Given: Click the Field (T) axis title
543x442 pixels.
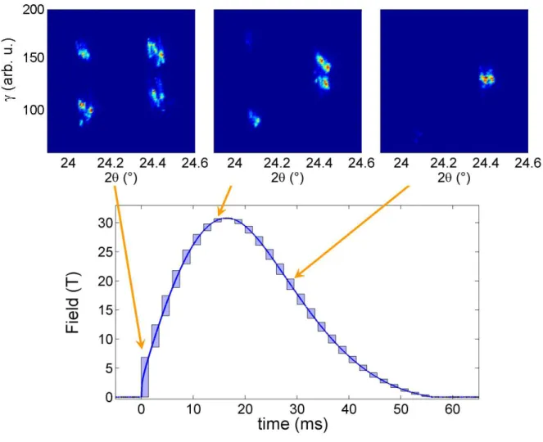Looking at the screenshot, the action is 73,303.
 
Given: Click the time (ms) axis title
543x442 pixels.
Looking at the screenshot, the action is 292,424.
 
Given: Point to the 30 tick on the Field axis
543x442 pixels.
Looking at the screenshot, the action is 106,223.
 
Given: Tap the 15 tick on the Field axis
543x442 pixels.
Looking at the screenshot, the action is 106,310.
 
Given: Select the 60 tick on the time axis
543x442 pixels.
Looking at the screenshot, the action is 453,409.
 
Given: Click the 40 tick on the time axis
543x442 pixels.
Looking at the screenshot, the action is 349,409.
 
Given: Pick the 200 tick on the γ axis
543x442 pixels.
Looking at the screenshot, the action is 34,9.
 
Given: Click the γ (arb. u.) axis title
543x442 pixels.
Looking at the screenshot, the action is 10,70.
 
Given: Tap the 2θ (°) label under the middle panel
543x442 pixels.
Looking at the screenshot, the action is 287,178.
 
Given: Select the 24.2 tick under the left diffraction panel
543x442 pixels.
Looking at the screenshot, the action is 111,163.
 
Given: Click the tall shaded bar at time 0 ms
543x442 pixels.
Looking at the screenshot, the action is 145,377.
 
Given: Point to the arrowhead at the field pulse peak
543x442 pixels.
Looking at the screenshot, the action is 219,212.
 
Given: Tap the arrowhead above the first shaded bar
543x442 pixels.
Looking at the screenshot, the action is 142,345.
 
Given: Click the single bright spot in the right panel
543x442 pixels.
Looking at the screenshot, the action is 486,79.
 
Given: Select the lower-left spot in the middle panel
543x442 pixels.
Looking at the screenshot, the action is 254,119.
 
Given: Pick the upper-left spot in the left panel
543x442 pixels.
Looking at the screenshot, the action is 83,51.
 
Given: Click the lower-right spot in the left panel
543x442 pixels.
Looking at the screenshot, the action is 156,93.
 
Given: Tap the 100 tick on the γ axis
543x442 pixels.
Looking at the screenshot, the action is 34,110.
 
